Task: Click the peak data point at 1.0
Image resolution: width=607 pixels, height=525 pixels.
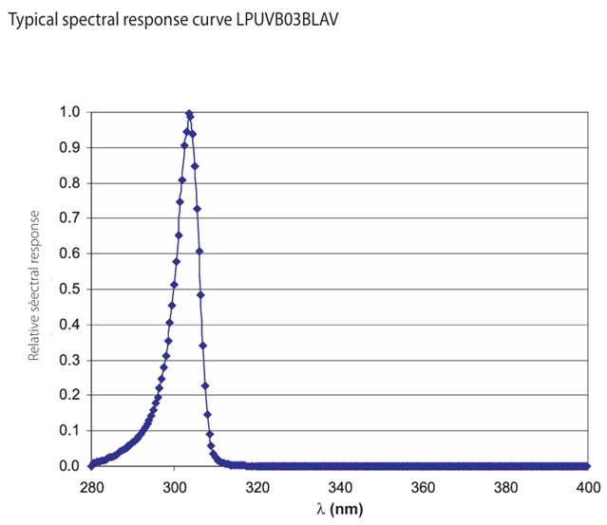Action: [x=189, y=113]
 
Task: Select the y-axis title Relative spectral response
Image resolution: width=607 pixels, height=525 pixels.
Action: [x=33, y=289]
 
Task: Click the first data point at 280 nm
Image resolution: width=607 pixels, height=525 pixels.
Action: [x=92, y=465]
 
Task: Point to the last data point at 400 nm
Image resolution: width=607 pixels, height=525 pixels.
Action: [x=587, y=466]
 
